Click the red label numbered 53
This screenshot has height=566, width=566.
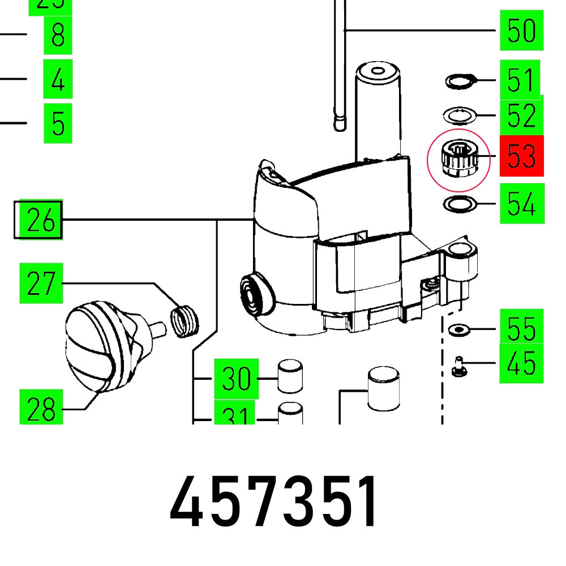(521, 156)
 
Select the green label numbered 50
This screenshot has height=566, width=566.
(521, 31)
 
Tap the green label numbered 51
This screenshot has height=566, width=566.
(520, 80)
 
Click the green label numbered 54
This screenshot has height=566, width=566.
(521, 203)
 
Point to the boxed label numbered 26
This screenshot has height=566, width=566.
(38, 220)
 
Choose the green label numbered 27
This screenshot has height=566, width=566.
(41, 283)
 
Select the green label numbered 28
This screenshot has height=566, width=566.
(41, 408)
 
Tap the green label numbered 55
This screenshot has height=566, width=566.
(521, 329)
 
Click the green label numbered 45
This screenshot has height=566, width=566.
(521, 363)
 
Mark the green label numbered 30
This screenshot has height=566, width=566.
(235, 378)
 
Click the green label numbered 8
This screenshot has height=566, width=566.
(58, 35)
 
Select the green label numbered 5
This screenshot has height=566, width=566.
(58, 122)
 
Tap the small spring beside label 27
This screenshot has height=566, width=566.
(186, 320)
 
